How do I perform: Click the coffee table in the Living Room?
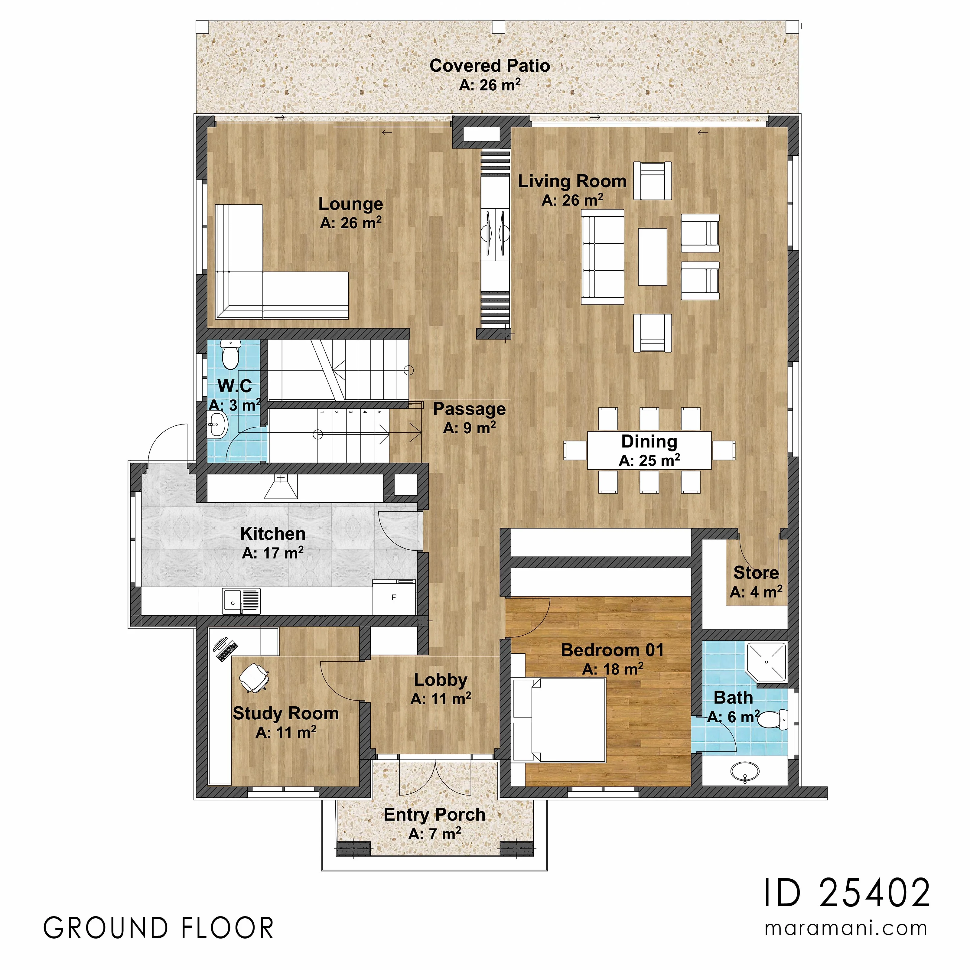point(652,256)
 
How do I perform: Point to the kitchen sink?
point(241,601)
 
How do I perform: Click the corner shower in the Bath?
point(766,662)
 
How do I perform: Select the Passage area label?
point(470,409)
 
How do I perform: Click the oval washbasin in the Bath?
point(744,771)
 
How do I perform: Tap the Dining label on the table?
point(649,441)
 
